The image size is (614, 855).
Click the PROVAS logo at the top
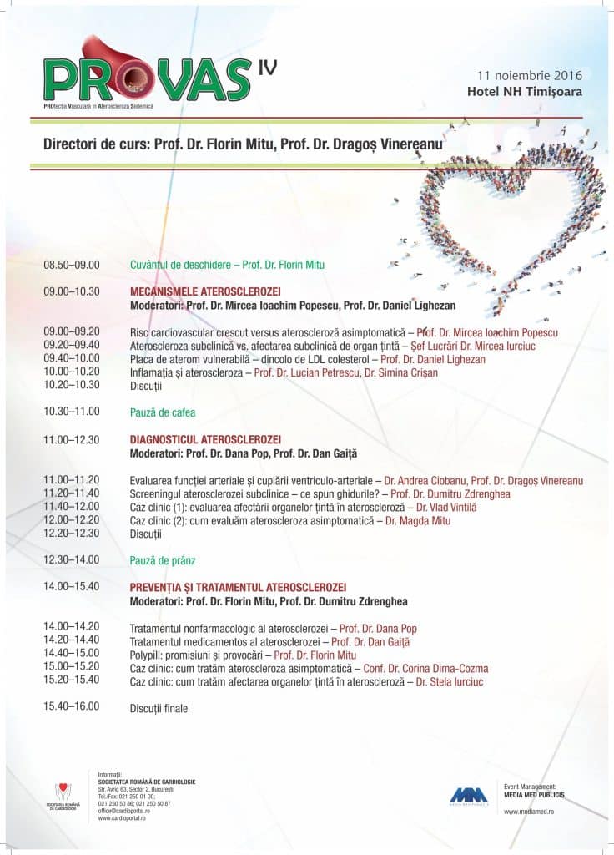tap(146, 73)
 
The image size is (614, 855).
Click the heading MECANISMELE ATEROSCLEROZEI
tap(206, 292)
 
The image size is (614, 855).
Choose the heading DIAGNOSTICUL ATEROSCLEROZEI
tap(206, 439)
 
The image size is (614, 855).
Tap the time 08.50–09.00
tap(72, 265)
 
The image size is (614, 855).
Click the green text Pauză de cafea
tap(162, 412)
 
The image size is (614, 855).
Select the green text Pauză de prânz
tap(163, 559)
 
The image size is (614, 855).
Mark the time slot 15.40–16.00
tap(72, 706)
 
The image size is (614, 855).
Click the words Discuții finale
tap(159, 709)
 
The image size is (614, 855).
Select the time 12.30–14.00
tap(72, 559)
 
